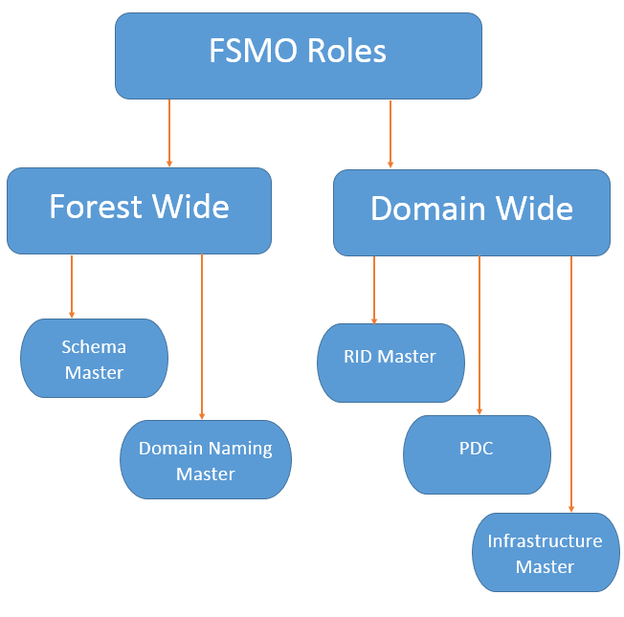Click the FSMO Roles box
click(x=298, y=55)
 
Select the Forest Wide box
click(x=139, y=210)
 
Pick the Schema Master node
click(x=94, y=359)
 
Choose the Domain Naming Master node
click(x=205, y=460)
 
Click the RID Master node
click(x=390, y=362)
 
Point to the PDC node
click(x=476, y=453)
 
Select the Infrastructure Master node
click(x=545, y=554)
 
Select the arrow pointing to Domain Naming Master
click(x=202, y=335)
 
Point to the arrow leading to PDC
click(x=479, y=335)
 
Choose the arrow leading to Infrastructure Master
click(x=571, y=383)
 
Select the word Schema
click(x=94, y=346)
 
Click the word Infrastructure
click(x=545, y=541)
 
